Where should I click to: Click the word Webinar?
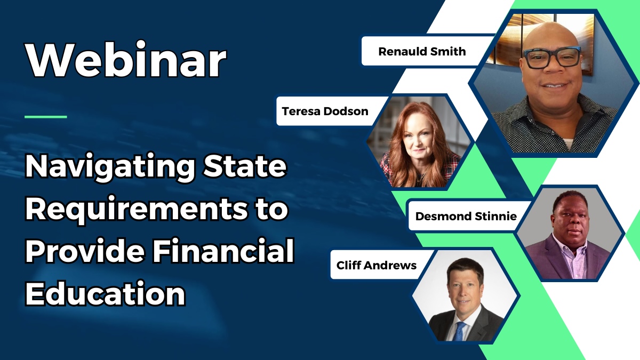(126, 59)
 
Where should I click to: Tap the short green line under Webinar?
(46, 117)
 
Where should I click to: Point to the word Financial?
(223, 251)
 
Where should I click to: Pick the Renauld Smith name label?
(422, 52)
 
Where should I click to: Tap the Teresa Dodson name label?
(325, 111)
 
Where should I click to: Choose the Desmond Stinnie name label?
(466, 217)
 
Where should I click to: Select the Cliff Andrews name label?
(377, 265)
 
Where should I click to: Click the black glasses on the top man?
(551, 58)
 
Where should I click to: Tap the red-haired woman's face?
(418, 139)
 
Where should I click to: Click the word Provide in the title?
(85, 251)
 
